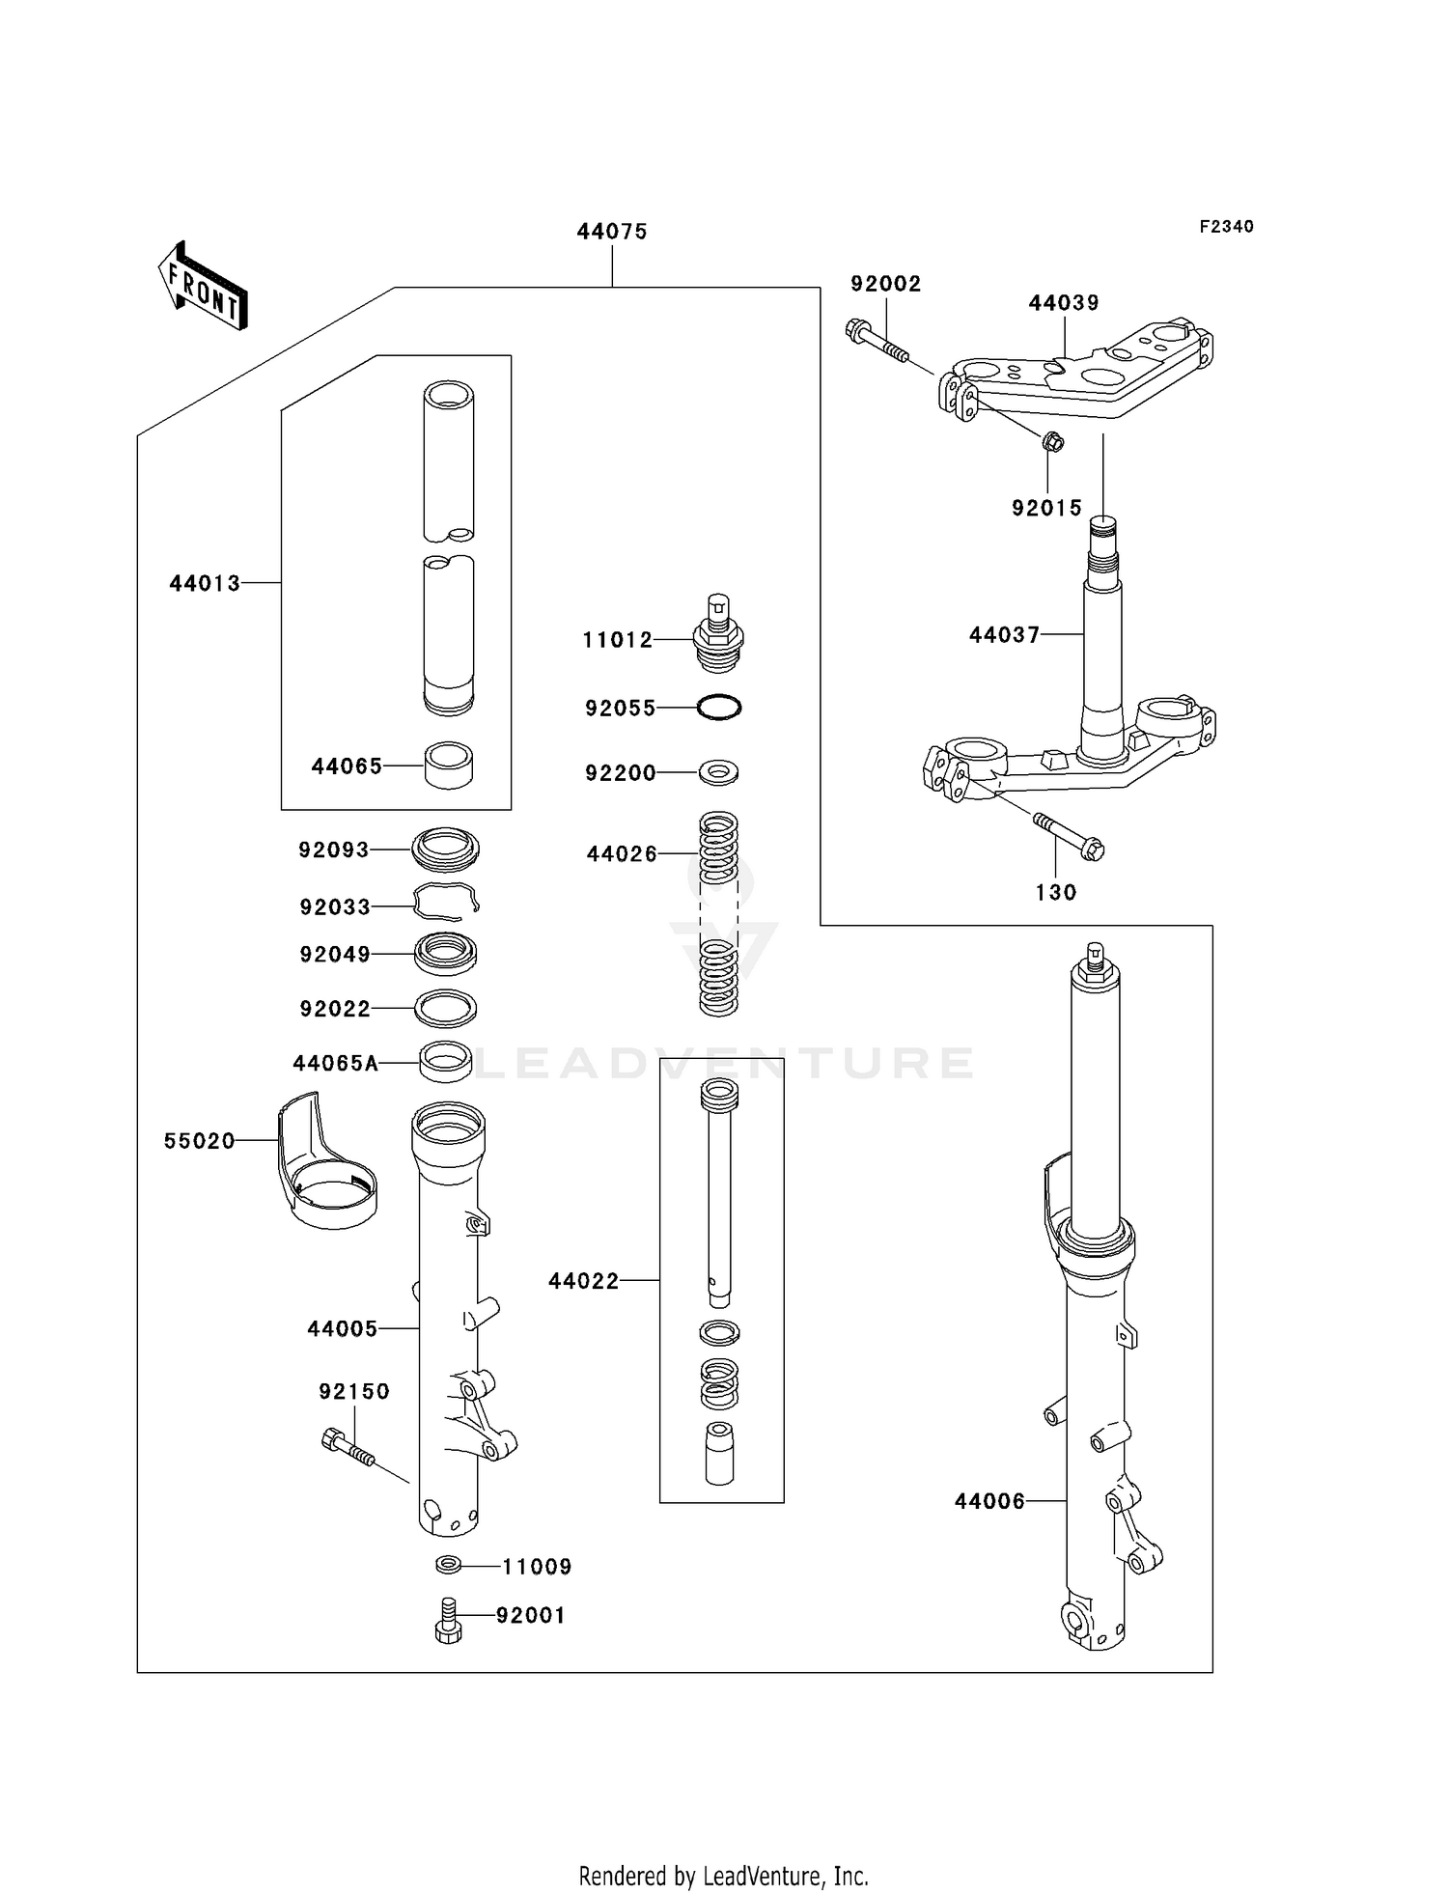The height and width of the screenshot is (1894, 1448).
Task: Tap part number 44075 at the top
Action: (612, 232)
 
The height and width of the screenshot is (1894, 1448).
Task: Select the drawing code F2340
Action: (1226, 227)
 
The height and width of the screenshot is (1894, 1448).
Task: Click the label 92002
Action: (885, 284)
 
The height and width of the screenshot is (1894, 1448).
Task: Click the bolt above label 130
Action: (1069, 836)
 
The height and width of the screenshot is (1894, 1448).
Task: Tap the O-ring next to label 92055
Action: (719, 708)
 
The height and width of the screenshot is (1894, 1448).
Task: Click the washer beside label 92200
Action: (719, 772)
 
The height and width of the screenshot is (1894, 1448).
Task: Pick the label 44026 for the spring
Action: (622, 854)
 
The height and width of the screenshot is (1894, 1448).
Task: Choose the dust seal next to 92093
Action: (445, 849)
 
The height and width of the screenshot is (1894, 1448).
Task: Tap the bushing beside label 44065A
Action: (446, 1061)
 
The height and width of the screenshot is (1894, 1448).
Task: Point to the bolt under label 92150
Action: (347, 1446)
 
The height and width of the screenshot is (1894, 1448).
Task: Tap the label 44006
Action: (989, 1501)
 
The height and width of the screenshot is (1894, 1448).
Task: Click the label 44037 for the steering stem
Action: (1004, 635)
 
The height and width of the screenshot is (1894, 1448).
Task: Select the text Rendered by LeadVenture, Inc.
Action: (723, 1876)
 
